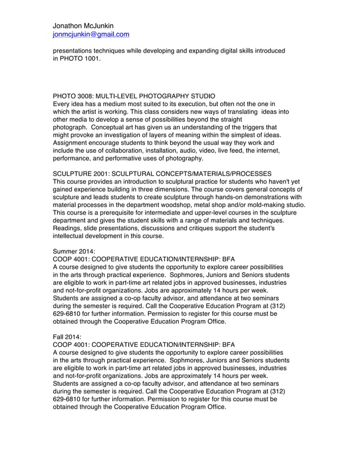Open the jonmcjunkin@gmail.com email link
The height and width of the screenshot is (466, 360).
(91, 34)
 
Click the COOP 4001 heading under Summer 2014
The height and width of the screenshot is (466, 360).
(143, 260)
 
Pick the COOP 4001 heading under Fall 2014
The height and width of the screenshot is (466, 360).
(143, 345)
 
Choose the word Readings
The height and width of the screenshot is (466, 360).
(68, 228)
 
